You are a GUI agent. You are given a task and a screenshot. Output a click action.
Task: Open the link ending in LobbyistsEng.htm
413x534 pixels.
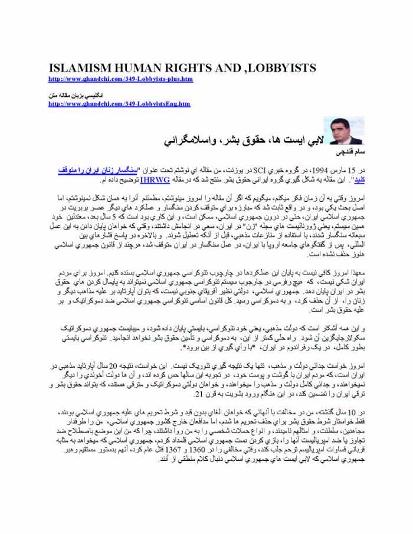click(x=119, y=104)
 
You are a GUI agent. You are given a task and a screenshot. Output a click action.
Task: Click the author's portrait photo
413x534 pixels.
click(x=347, y=131)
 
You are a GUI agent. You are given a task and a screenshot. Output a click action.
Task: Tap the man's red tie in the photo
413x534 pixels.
click(x=347, y=139)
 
